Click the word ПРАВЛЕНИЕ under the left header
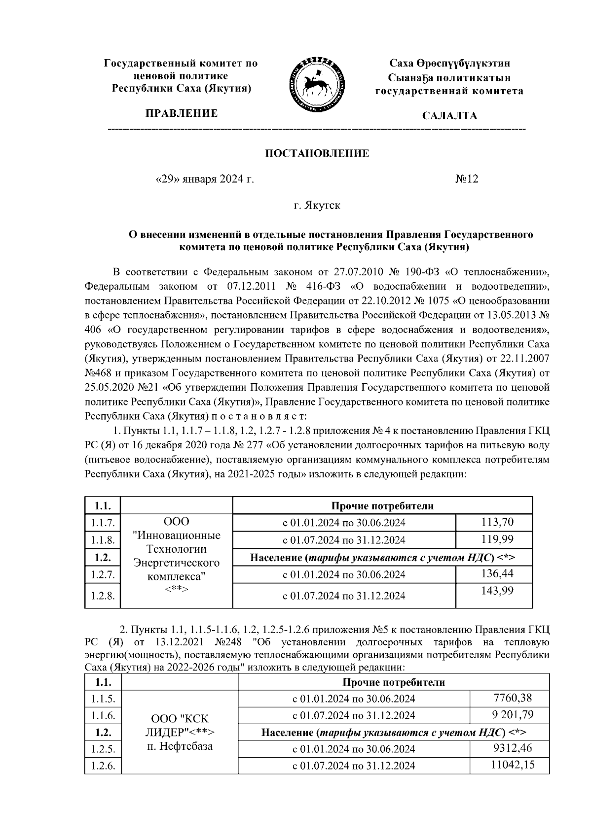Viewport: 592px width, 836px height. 181,114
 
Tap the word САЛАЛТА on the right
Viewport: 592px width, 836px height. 449,116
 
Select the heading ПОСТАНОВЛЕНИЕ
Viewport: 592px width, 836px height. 317,153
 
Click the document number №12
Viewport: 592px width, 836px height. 466,179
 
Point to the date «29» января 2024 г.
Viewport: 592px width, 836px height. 205,179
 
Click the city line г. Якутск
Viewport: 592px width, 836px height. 317,205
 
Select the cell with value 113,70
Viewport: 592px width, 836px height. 497,522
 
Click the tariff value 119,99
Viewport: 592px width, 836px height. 497,539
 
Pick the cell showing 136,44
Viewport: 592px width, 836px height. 497,573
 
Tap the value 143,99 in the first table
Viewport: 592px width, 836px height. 497,591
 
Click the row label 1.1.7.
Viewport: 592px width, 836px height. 103,523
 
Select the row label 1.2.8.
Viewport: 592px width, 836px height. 103,596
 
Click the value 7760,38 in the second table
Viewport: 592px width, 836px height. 513,698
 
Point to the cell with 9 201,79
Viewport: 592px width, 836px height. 513,714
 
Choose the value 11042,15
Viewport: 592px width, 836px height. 513,765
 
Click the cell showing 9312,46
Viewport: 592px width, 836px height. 513,748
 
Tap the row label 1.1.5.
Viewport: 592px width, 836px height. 103,699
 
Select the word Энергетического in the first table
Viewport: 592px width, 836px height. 177,562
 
